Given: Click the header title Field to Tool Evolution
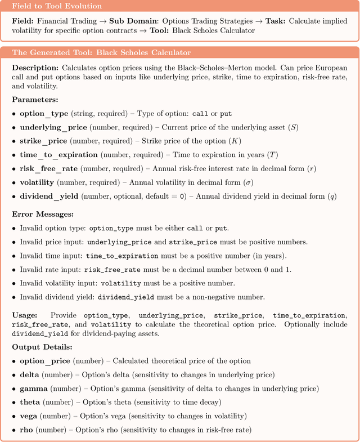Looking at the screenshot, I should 57,6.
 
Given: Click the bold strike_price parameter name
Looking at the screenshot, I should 43,140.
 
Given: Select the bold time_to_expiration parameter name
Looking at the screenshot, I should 58,154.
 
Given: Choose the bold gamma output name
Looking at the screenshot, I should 34,389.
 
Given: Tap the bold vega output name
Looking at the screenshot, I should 31,416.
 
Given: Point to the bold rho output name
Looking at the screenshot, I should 28,430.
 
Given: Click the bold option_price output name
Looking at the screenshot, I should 45,361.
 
